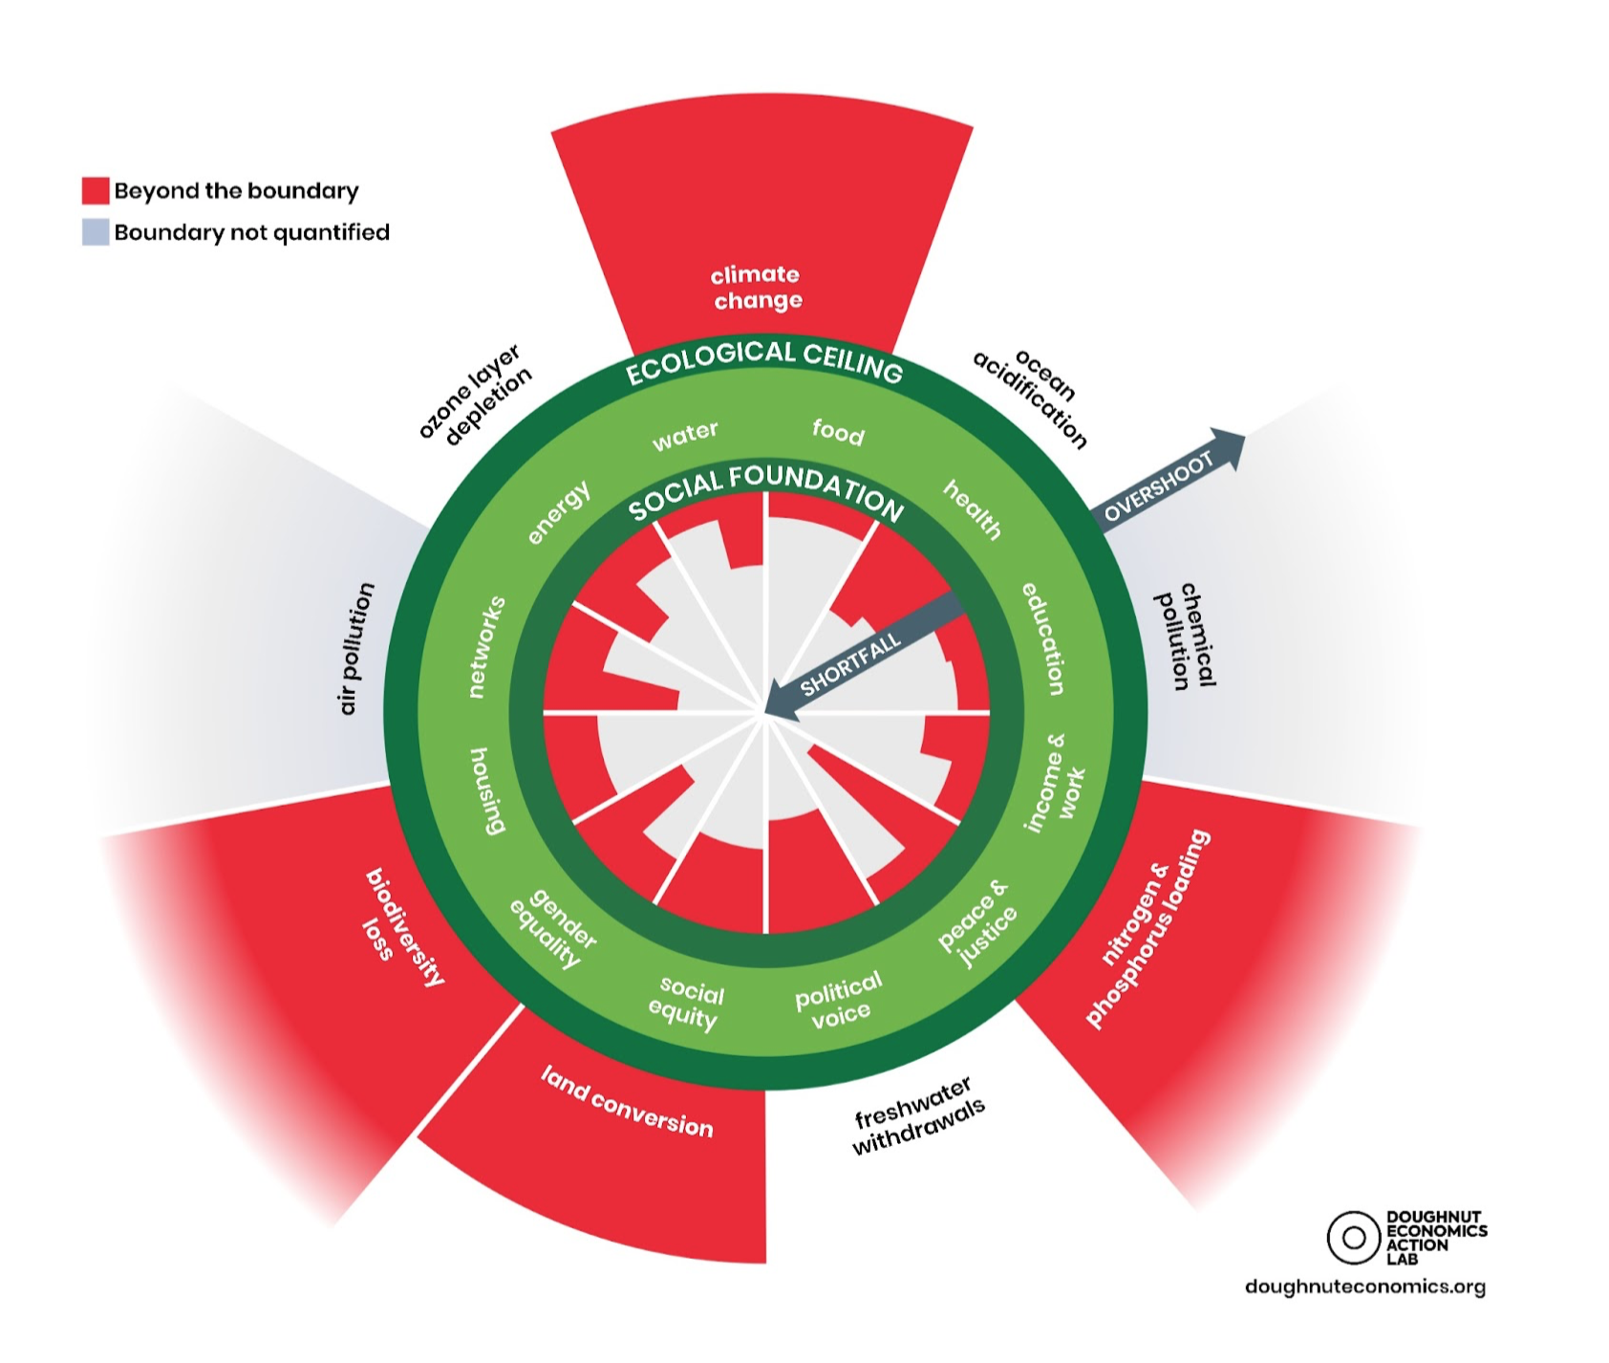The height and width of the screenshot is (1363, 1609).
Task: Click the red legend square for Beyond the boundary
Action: coord(96,190)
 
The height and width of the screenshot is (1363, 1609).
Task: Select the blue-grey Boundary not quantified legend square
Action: coord(96,232)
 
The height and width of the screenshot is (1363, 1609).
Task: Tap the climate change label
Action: coord(757,288)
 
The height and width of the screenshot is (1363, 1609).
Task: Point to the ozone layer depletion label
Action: coord(475,394)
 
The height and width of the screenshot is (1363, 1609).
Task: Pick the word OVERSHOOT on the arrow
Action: coord(1158,487)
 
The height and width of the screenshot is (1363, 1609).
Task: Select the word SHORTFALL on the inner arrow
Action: coord(850,663)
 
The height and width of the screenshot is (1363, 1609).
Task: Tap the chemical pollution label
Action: coord(1186,635)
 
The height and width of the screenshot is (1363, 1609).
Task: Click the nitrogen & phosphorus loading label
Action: coord(1147,928)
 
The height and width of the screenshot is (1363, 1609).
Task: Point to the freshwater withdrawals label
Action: coord(916,1115)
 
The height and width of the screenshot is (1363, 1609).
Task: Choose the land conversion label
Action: coord(627,1102)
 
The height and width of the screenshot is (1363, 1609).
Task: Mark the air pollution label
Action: coord(356,648)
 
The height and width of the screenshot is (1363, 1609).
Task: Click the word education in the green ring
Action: coord(1043,638)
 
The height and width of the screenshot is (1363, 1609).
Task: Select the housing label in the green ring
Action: coord(486,790)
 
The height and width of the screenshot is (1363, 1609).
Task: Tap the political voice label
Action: coord(839,1001)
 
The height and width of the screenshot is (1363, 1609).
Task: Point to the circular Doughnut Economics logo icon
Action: coord(1354,1238)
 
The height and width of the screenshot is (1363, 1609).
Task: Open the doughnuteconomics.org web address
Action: coord(1365,1287)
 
